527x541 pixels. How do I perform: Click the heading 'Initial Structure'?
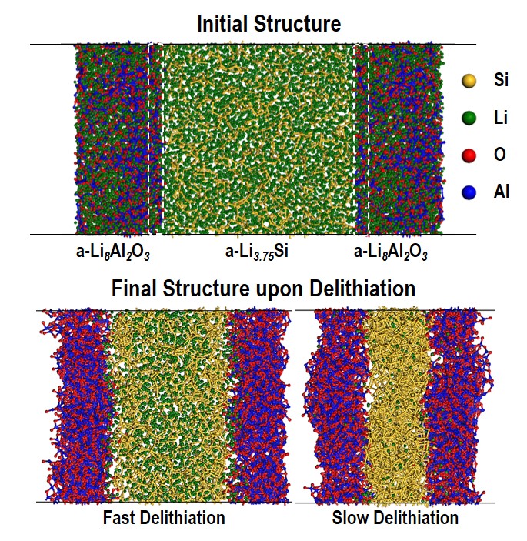tap(269, 23)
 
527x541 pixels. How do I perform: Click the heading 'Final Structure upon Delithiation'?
tap(263, 289)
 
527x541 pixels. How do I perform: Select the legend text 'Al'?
tap(501, 192)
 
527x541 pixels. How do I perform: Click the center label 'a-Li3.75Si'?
tap(256, 251)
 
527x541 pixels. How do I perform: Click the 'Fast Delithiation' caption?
tap(164, 517)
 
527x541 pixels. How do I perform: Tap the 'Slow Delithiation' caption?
tap(395, 517)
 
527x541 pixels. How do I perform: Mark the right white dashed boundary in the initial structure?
tap(362, 139)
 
